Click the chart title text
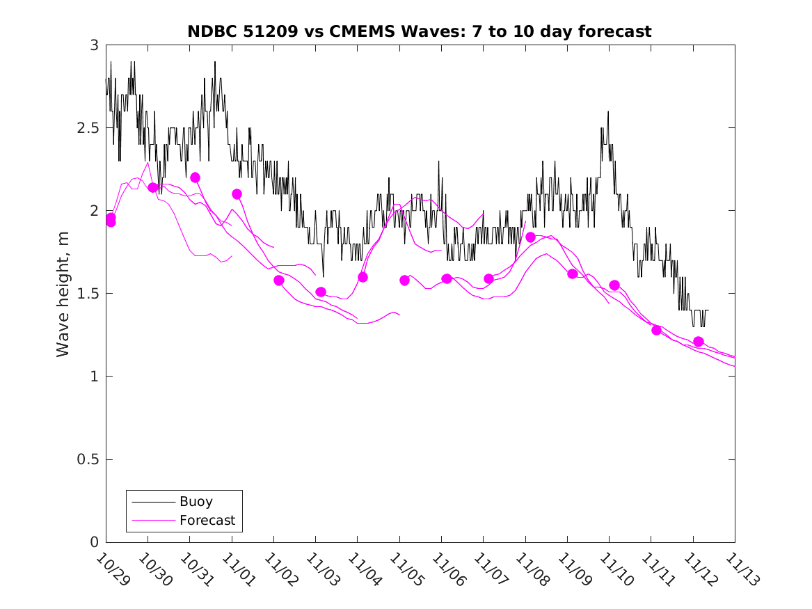[420, 31]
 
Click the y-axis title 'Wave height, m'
[63, 294]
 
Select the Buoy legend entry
[196, 501]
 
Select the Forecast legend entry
[207, 520]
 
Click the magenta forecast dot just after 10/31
[195, 177]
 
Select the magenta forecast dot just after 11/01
[237, 194]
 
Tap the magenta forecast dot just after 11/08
[530, 237]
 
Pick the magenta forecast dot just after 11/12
[699, 342]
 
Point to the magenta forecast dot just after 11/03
[321, 292]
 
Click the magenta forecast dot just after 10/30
[153, 187]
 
